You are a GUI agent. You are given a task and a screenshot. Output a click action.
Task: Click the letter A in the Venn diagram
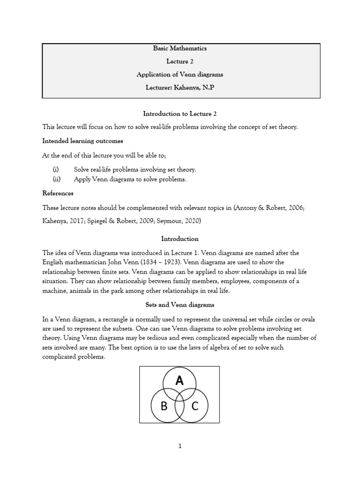click(x=180, y=381)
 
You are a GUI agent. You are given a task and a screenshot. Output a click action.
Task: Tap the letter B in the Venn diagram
click(x=164, y=406)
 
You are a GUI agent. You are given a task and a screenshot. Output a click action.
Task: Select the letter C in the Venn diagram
click(x=195, y=406)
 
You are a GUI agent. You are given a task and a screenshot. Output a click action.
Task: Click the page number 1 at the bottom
click(x=180, y=446)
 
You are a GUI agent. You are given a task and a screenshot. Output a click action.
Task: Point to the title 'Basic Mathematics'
click(x=180, y=48)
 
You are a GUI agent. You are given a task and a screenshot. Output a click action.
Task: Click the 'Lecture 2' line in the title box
click(x=180, y=61)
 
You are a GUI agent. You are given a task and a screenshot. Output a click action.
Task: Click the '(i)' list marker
click(x=55, y=169)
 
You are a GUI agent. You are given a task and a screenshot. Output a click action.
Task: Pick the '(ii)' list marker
click(x=56, y=179)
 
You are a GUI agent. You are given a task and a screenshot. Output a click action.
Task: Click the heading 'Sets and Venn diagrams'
click(x=180, y=305)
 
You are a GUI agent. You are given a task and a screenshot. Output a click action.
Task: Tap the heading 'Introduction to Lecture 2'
click(x=180, y=113)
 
